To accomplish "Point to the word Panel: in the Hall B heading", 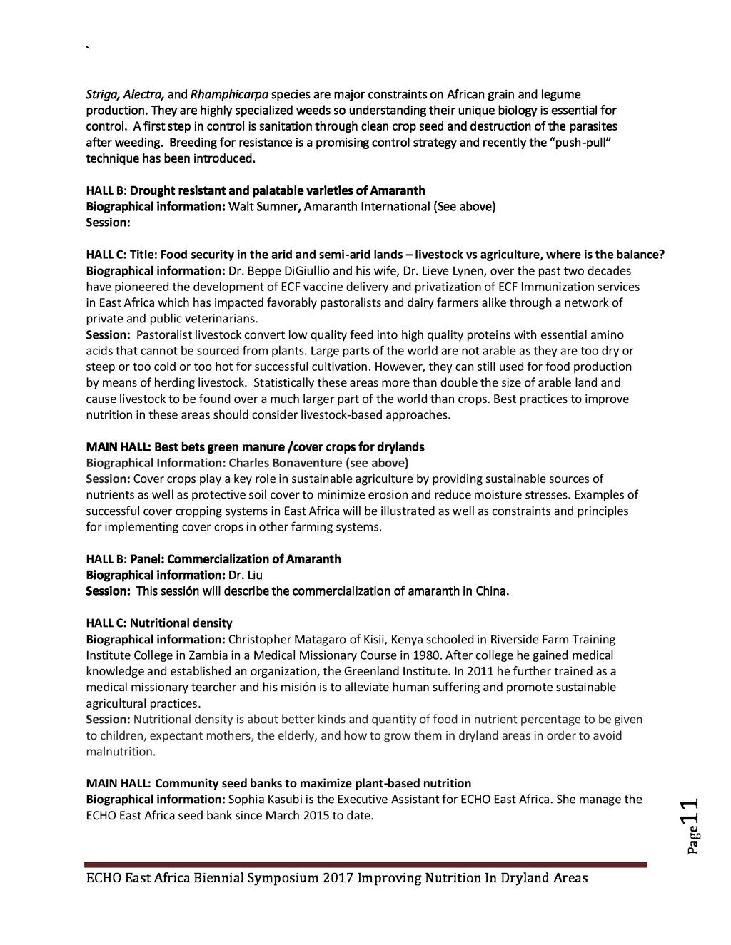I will tap(147, 559).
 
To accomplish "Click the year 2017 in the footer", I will tap(338, 878).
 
